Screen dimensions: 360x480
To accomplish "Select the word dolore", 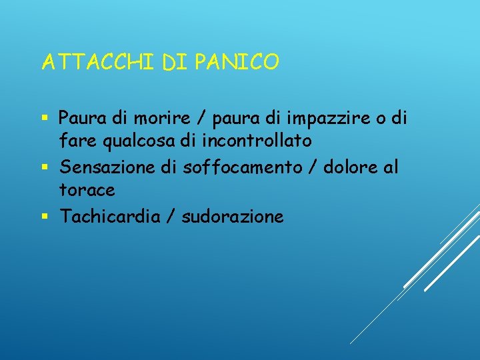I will pyautogui.click(x=349, y=167).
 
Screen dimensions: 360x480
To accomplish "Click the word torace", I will pyautogui.click(x=87, y=191).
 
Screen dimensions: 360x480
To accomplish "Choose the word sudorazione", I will pyautogui.click(x=233, y=216).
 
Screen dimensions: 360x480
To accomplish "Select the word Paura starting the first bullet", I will pyautogui.click(x=80, y=119).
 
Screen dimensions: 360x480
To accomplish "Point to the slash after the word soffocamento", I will pyautogui.click(x=312, y=168).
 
